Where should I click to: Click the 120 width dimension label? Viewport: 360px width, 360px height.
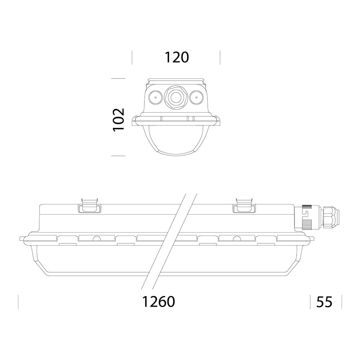pyautogui.click(x=177, y=57)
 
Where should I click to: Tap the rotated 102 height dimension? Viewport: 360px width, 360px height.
pyautogui.click(x=119, y=120)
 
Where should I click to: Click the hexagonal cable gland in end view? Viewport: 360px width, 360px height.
pyautogui.click(x=176, y=97)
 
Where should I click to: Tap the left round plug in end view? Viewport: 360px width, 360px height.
pyautogui.click(x=156, y=97)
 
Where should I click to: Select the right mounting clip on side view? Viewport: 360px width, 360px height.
pyautogui.click(x=244, y=206)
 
